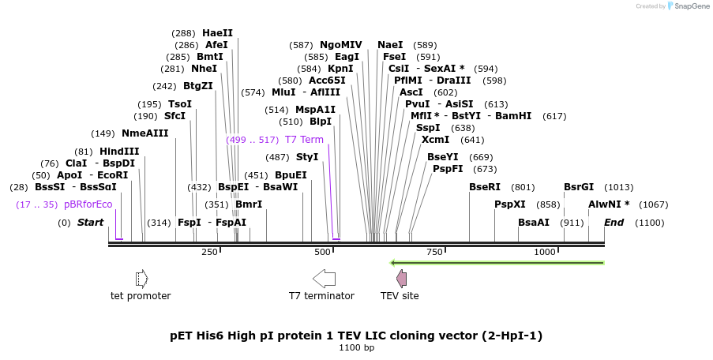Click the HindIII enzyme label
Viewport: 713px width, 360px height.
point(119,152)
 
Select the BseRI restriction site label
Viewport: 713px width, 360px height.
point(485,187)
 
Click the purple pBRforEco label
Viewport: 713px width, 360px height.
point(88,204)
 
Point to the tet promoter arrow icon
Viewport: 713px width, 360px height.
point(141,278)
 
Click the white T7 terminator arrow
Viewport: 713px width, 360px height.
point(325,278)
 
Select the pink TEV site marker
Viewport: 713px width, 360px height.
point(401,278)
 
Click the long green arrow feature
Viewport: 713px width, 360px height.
point(497,263)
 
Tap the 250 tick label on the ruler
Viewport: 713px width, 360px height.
point(209,252)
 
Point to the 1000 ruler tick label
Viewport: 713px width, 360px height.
point(545,252)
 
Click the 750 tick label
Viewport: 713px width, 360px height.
point(434,252)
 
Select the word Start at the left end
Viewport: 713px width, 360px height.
point(90,223)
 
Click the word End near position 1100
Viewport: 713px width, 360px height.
point(614,223)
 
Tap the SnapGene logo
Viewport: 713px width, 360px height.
point(688,6)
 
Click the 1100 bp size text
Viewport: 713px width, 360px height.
point(356,347)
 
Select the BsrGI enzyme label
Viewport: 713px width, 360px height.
point(579,187)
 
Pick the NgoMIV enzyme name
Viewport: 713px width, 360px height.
point(341,45)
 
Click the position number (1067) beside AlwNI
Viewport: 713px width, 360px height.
point(653,204)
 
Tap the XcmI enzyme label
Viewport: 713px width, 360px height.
point(435,140)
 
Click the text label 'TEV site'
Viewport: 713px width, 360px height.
point(400,296)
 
